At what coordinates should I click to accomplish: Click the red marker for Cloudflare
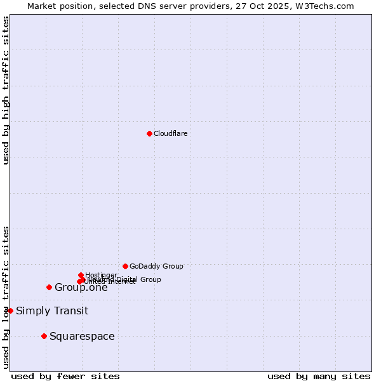click(x=149, y=133)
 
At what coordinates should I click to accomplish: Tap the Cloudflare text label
click(x=170, y=133)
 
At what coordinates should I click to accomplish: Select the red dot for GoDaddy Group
click(x=125, y=266)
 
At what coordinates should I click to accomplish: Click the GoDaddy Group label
click(x=156, y=266)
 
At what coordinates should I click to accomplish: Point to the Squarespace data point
click(x=44, y=336)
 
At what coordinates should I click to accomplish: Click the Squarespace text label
click(x=82, y=336)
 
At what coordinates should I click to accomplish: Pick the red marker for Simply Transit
click(x=10, y=311)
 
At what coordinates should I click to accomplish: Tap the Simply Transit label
click(x=52, y=311)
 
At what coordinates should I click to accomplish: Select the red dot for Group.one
click(x=49, y=287)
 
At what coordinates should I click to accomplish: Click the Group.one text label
click(x=81, y=287)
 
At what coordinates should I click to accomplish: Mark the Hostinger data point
click(x=81, y=275)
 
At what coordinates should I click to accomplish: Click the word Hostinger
click(x=102, y=275)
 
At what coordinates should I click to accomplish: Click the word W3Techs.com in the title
click(x=327, y=6)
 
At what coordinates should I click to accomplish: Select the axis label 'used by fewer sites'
click(x=65, y=376)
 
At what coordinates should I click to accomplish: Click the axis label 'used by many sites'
click(x=319, y=376)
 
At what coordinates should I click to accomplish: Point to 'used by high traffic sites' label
click(x=6, y=90)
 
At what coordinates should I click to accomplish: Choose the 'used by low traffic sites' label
click(x=6, y=297)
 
